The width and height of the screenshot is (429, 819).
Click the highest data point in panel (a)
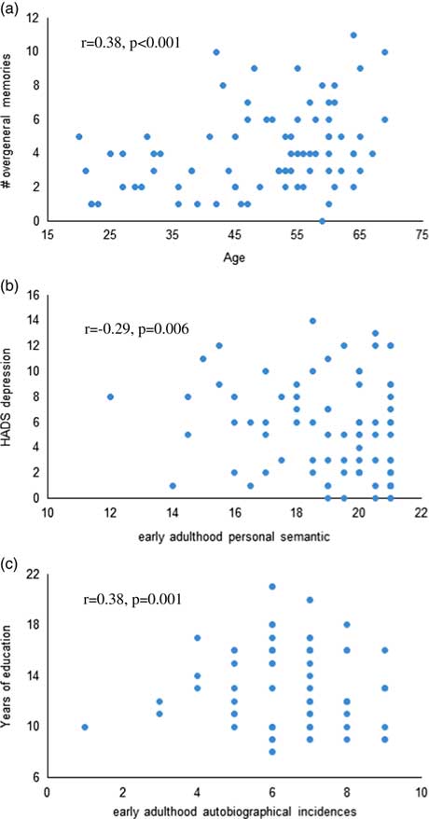pos(353,35)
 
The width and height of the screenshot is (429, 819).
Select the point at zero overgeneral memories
pos(322,221)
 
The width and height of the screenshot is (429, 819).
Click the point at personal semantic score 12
pos(111,396)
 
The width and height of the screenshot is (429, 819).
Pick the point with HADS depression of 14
pos(312,321)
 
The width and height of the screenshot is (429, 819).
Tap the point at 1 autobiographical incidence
pos(85,726)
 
